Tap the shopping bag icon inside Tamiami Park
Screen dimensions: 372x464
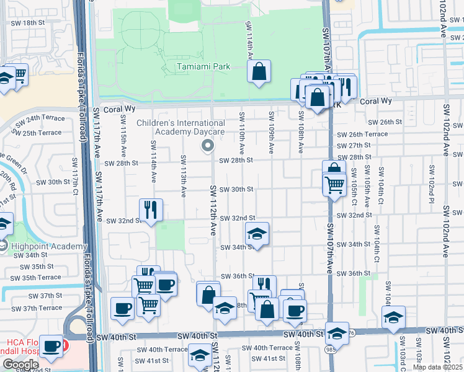(259, 71)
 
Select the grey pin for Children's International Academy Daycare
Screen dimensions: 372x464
(208, 146)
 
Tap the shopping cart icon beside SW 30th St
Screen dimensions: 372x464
(334, 184)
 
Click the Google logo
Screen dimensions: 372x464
(20, 364)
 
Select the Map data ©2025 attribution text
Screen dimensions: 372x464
(437, 367)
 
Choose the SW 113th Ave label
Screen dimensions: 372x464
(184, 176)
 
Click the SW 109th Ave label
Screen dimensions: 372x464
(271, 133)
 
